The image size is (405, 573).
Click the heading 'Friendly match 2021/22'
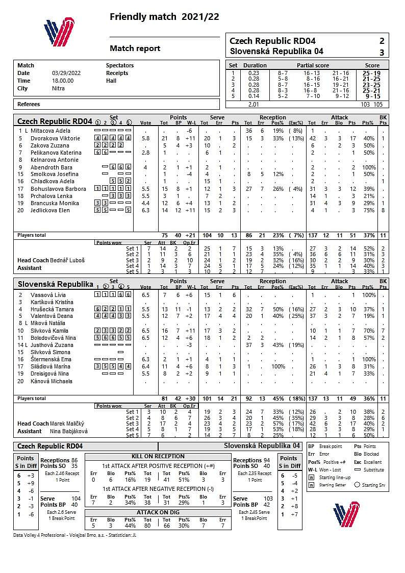click(164, 17)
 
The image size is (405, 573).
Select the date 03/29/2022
click(63, 73)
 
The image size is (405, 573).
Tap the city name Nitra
click(58, 88)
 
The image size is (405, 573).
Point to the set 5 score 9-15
click(372, 96)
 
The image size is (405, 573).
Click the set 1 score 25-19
click(372, 73)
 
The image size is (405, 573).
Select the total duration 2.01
click(254, 104)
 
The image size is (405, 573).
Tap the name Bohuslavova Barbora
click(58, 189)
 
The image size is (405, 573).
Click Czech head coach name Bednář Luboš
click(67, 260)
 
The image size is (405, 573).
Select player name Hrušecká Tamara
click(53, 309)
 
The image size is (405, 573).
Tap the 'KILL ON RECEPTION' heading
click(158, 456)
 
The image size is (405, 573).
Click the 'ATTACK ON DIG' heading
click(158, 512)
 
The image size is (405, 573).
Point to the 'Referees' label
click(29, 104)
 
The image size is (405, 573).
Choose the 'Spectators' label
click(120, 65)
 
